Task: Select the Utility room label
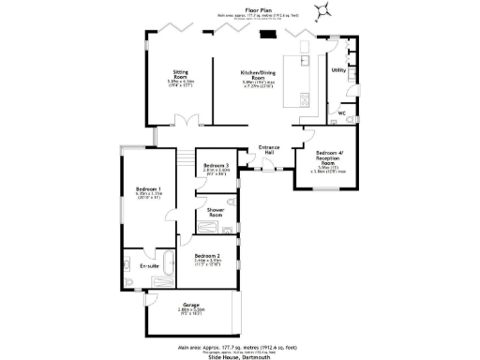(x=339, y=69)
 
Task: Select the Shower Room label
(x=215, y=213)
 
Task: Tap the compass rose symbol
(x=323, y=11)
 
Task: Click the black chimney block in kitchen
(x=268, y=37)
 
